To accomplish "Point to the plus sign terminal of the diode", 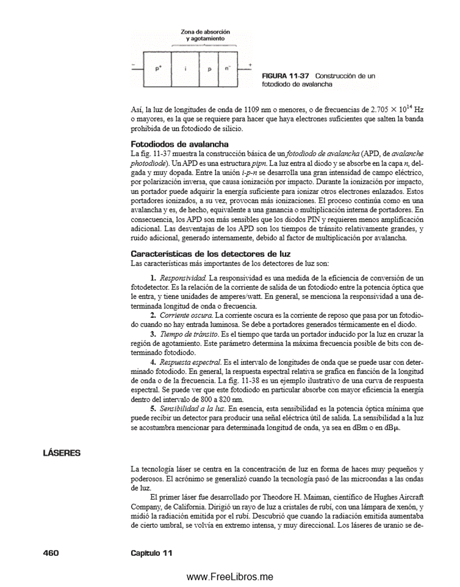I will point(250,63).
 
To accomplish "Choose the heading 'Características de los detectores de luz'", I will point(210,253).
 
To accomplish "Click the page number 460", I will point(50,552).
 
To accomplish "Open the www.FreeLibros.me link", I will point(229,577).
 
